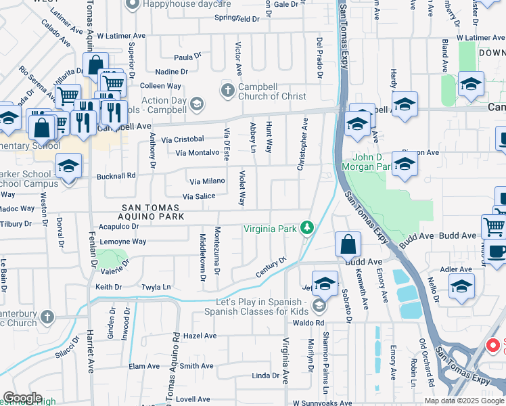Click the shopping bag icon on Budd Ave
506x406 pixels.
coord(347,244)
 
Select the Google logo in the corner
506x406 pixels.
coord(22,399)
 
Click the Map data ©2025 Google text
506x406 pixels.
coord(463,401)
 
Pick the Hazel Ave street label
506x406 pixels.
coord(200,336)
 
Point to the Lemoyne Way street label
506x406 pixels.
coord(122,242)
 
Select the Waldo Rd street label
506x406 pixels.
coord(300,323)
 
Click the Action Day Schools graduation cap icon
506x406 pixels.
coord(196,104)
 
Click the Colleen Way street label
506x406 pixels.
coord(160,86)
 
